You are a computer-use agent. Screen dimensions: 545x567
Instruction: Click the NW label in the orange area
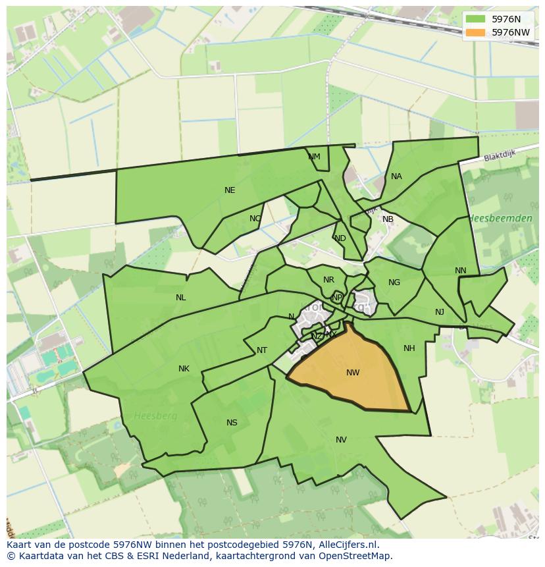pos(353,373)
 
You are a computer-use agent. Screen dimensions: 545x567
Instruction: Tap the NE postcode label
pos(230,190)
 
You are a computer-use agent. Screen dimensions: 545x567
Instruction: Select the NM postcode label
pos(314,157)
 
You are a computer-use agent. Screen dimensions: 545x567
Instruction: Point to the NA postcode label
pos(396,176)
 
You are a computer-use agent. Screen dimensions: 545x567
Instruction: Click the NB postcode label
pos(388,219)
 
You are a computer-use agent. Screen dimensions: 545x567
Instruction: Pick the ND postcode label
pos(340,238)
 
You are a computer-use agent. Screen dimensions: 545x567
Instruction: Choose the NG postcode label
pos(394,283)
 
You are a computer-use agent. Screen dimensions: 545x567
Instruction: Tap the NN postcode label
pos(460,271)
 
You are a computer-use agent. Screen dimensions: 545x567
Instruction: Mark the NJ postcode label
pos(440,312)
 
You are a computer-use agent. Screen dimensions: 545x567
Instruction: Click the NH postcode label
pos(409,348)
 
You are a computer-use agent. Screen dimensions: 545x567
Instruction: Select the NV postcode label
pos(341,440)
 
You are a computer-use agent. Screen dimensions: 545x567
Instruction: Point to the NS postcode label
pos(232,423)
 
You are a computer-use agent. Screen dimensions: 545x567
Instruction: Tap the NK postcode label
pos(184,369)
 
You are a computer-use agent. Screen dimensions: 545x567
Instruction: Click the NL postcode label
pos(180,298)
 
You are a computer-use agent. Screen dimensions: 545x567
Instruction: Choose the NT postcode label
pos(262,350)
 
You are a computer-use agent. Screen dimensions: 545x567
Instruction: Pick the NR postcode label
pos(328,280)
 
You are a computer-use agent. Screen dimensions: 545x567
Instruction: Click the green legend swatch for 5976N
pos(475,19)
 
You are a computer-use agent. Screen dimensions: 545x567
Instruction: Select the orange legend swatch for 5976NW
pos(475,32)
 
